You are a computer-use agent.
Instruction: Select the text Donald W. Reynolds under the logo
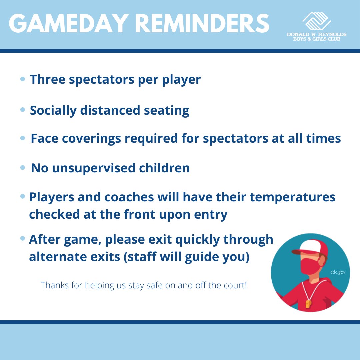[x=316, y=34]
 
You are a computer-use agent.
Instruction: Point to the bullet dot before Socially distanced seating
[x=23, y=110]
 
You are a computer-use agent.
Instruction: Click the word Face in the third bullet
[x=44, y=138]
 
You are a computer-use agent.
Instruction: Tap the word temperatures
[x=292, y=197]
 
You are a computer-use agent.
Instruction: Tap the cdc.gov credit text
[x=337, y=272]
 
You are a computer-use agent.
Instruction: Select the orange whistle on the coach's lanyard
[x=308, y=303]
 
